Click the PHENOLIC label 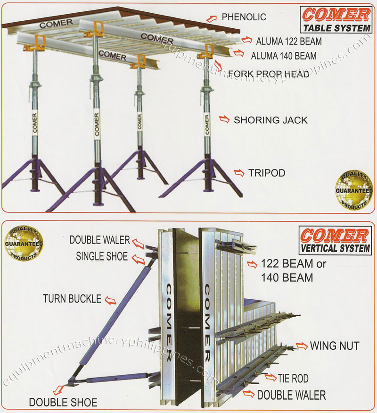tap(244, 17)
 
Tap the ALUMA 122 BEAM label tap(289, 42)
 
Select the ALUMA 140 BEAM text tap(284, 56)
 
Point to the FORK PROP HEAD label tap(268, 74)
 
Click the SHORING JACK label tap(270, 120)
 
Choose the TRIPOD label tap(266, 173)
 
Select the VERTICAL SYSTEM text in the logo tap(335, 248)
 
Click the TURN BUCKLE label tap(72, 299)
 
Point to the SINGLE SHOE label tap(102, 256)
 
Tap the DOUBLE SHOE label tap(63, 403)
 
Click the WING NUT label tap(335, 346)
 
